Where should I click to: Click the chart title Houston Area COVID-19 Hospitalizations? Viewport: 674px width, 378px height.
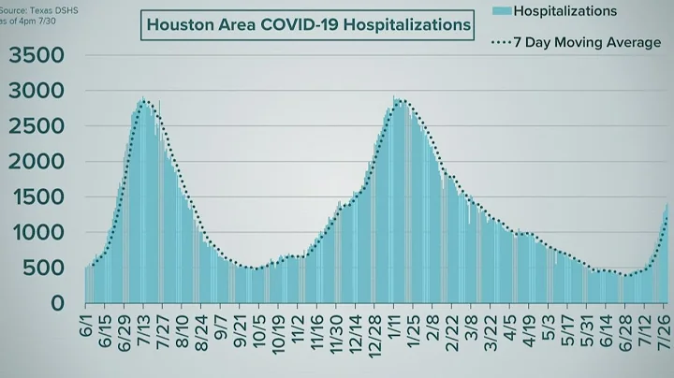308,25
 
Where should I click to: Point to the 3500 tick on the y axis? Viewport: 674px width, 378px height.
37,56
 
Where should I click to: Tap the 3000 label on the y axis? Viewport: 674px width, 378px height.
37,92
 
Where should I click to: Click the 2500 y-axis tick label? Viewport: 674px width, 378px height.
37,127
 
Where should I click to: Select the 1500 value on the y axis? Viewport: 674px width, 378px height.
37,198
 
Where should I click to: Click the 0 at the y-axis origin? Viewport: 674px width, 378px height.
58,304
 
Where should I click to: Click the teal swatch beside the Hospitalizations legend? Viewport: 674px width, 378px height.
501,11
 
